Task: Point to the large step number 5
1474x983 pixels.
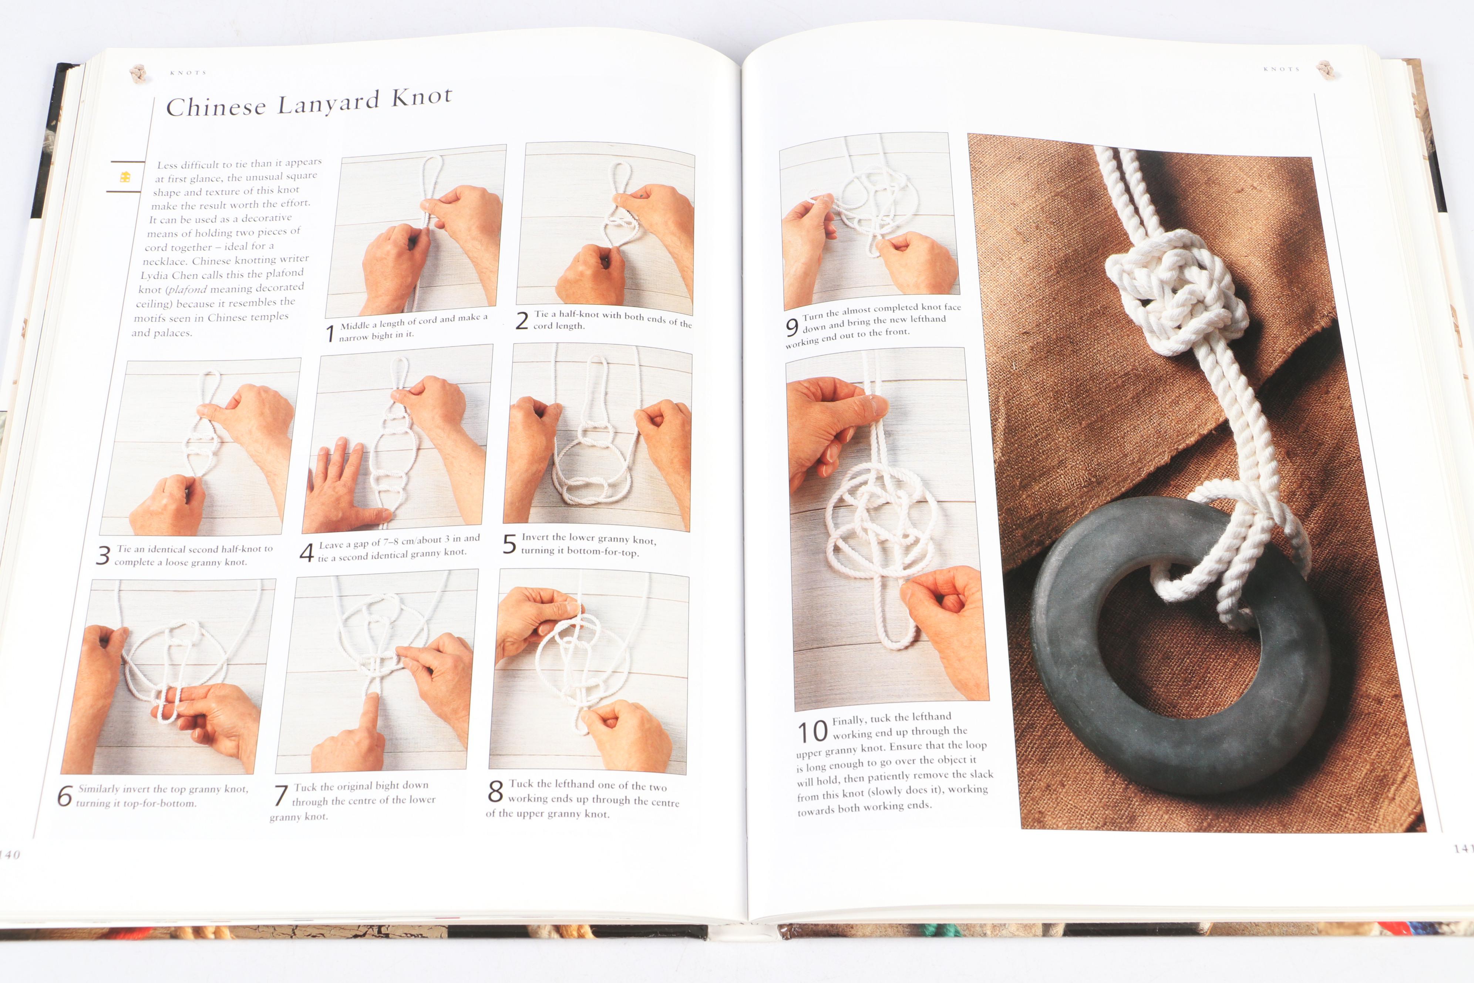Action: [509, 544]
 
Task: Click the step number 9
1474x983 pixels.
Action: [792, 327]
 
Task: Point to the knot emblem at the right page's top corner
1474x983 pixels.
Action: [1326, 70]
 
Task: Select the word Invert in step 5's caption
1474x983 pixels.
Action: [535, 537]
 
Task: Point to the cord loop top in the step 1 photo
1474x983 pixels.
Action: [433, 161]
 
